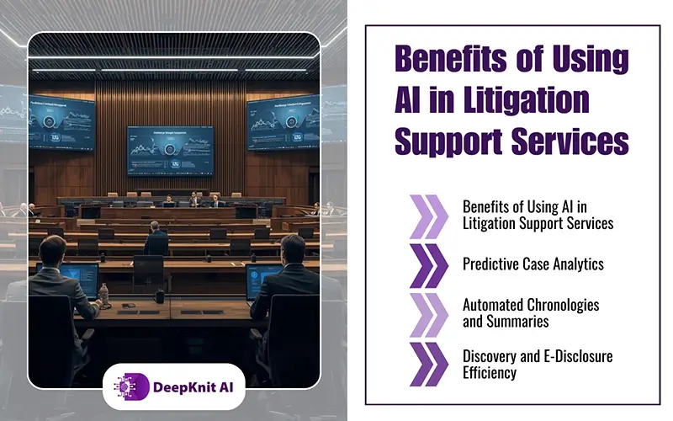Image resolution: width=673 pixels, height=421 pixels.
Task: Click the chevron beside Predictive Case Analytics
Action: pos(430,264)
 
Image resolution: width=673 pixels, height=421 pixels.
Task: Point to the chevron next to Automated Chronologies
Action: pos(430,313)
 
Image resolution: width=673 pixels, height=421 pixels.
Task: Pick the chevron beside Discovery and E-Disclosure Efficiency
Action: pos(430,363)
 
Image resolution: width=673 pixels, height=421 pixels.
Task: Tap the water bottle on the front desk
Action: pos(104,296)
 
